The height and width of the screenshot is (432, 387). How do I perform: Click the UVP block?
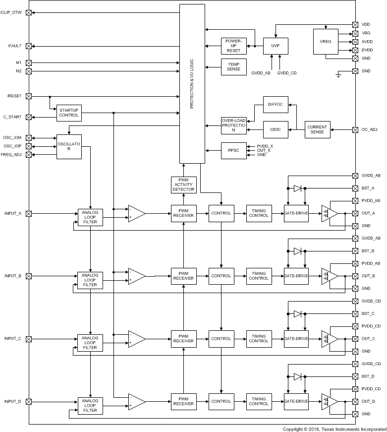point(276,46)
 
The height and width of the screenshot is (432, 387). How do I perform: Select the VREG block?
point(326,42)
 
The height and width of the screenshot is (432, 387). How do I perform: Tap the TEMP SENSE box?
point(233,67)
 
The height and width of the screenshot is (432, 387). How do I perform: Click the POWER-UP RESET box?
point(233,46)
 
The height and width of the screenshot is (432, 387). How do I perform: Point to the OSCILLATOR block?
point(68,147)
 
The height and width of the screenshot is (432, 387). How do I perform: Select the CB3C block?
point(276,130)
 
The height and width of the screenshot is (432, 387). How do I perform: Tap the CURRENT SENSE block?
point(317,129)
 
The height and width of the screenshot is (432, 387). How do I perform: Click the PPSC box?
point(233,150)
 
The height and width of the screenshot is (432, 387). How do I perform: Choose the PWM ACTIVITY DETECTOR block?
point(183,185)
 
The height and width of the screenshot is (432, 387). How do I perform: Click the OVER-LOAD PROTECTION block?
point(233,126)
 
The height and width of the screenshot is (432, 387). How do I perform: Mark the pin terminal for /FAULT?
point(29,46)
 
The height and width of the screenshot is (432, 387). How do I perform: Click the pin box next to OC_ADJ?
point(355,130)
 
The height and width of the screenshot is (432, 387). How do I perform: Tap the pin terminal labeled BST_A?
point(355,188)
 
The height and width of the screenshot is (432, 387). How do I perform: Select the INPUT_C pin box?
point(29,339)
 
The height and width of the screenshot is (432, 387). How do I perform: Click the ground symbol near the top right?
point(338,75)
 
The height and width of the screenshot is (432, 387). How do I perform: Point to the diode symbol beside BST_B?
point(297,251)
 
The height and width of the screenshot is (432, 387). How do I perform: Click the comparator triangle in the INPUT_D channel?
point(136,401)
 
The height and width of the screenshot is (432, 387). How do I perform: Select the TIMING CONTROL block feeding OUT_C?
point(259,339)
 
